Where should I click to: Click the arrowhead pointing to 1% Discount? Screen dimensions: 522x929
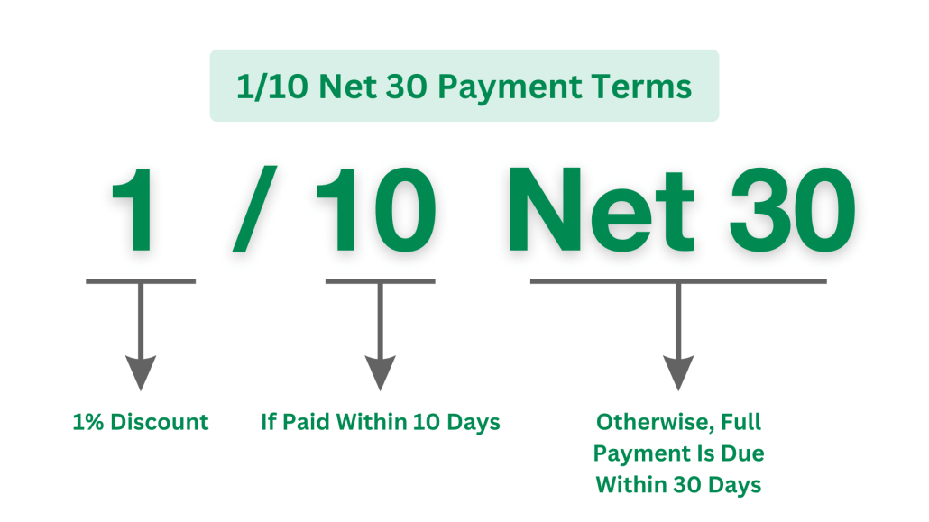tap(141, 371)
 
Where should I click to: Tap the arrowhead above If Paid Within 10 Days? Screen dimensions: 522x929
tap(379, 371)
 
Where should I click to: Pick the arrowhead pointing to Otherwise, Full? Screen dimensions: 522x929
tap(678, 371)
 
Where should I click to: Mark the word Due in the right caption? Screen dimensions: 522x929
tap(742, 453)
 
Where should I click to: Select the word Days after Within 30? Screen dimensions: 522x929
tap(734, 484)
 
